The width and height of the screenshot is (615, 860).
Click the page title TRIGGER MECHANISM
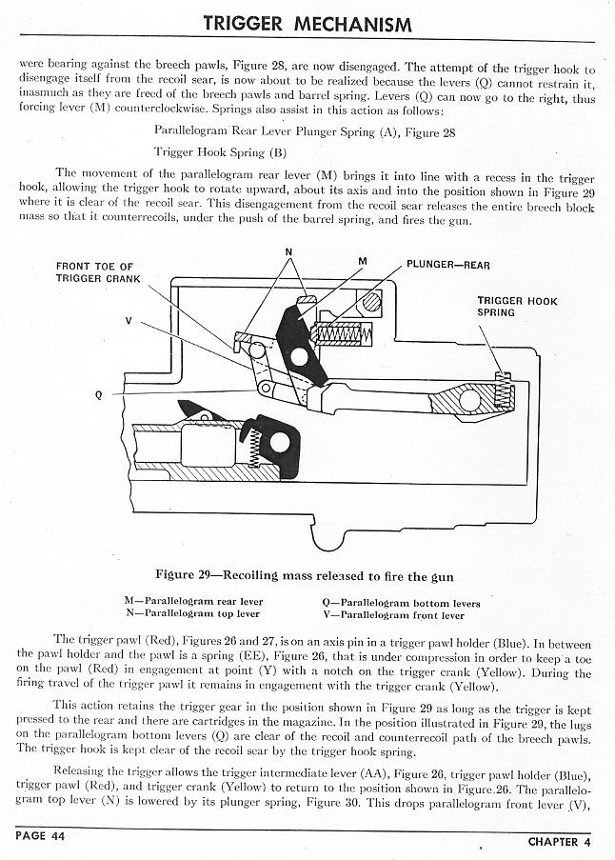(x=307, y=23)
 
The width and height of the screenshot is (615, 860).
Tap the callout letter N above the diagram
(x=288, y=252)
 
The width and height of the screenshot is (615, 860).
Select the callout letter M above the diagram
(x=363, y=259)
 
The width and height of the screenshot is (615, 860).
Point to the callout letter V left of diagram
(x=129, y=321)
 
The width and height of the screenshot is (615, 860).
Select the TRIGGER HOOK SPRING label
(x=516, y=307)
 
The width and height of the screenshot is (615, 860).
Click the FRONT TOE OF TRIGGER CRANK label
(x=98, y=272)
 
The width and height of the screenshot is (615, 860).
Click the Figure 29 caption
(x=305, y=576)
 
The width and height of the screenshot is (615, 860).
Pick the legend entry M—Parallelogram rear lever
(x=193, y=602)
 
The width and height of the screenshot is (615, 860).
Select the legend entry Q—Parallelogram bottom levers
(x=402, y=603)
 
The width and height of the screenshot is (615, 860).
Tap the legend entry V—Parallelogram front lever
(x=399, y=614)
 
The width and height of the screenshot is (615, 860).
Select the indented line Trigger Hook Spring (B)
(x=220, y=152)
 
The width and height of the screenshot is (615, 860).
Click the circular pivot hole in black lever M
(x=300, y=357)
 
